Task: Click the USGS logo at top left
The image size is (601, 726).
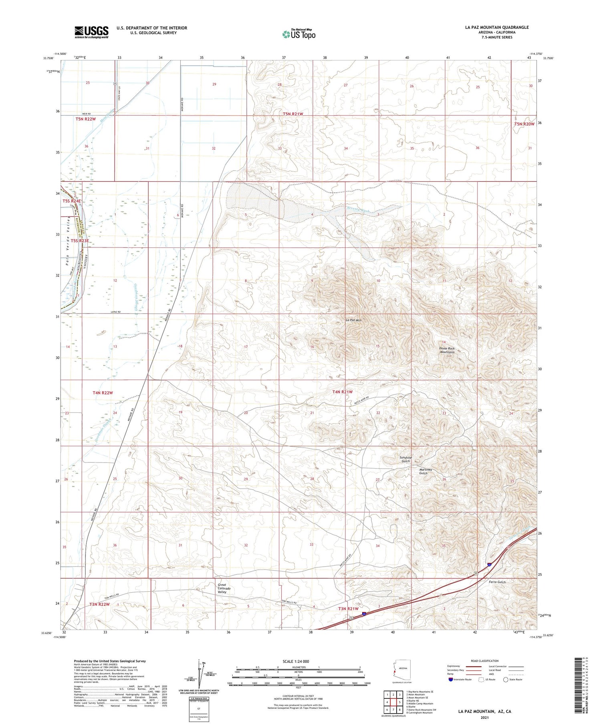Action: point(91,32)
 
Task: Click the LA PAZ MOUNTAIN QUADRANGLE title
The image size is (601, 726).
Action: point(497,27)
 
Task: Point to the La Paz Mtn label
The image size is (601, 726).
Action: point(353,320)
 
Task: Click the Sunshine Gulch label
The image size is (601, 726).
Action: point(405,459)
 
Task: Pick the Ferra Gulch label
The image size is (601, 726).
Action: point(497,582)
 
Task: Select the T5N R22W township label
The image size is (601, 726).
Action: point(86,119)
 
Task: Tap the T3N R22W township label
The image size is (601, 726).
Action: point(99,604)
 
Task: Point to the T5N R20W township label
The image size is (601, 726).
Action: point(524,124)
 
